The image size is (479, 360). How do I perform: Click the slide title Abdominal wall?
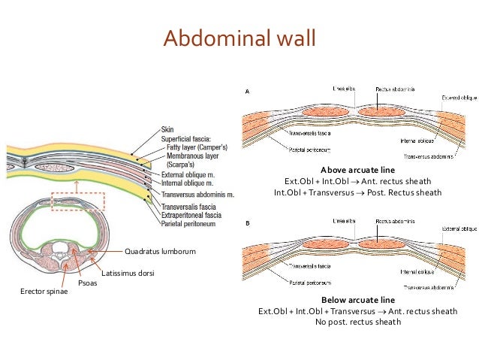239,36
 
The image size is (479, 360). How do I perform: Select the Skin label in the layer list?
169,129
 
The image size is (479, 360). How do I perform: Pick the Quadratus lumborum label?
159,251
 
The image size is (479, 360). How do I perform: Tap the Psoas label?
87,283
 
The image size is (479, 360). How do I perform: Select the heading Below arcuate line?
357,299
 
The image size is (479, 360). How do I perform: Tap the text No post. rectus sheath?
357,322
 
